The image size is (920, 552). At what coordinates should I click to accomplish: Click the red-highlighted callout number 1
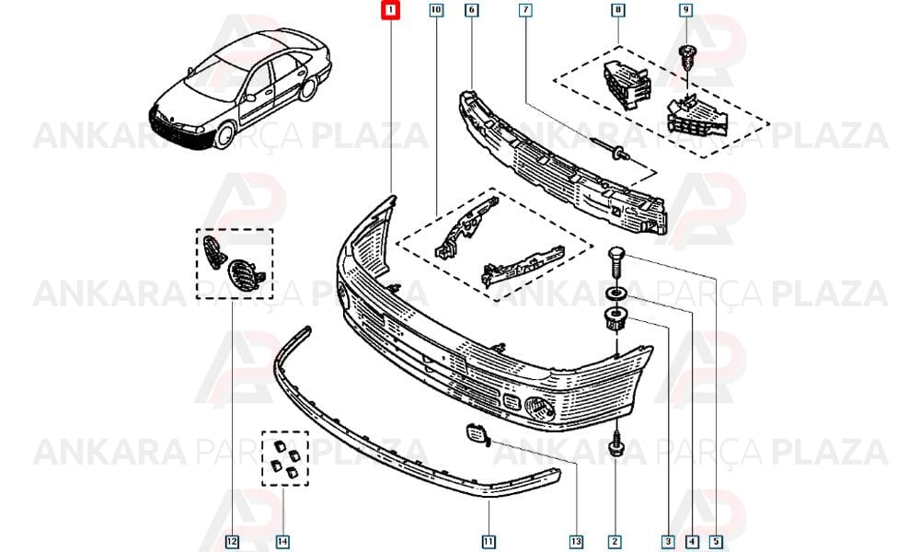pos(390,10)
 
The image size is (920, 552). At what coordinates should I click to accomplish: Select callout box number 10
pos(436,10)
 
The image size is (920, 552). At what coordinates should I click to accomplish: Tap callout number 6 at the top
pos(472,10)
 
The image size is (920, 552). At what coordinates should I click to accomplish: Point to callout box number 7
pos(525,10)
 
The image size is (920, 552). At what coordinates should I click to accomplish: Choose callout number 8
pos(617,10)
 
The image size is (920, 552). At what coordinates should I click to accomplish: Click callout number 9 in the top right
pos(685,10)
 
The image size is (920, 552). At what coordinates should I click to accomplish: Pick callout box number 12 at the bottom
pos(233,542)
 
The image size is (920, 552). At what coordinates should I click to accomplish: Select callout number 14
pos(282,542)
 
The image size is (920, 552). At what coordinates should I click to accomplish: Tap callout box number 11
pos(489,542)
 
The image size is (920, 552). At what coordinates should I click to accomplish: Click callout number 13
pos(576,542)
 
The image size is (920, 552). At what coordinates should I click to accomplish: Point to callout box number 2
pos(615,542)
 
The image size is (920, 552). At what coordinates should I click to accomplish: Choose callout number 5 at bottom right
pos(716,542)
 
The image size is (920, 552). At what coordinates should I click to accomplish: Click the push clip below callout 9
pos(685,58)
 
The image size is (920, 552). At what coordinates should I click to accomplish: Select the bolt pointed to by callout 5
pos(615,263)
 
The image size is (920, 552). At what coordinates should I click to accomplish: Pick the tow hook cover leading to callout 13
pos(475,432)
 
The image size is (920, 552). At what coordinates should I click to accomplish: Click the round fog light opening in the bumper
pos(539,408)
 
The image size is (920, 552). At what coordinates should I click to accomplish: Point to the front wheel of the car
pos(224,133)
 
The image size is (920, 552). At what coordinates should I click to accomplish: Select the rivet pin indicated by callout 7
pos(612,150)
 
